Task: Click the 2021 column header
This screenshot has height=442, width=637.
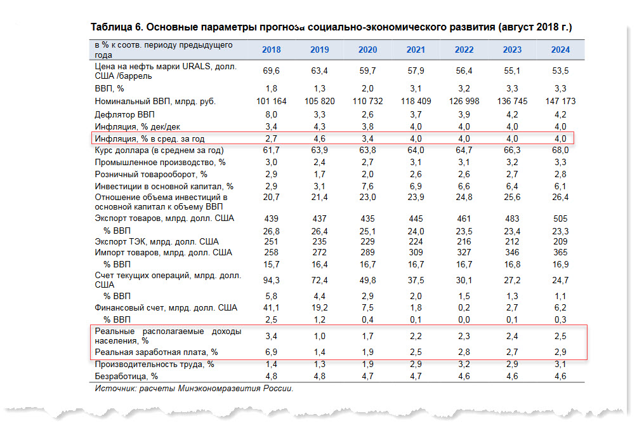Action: click(x=416, y=50)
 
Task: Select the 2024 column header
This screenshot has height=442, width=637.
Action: click(x=560, y=50)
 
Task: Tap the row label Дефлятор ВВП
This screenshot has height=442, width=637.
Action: click(x=125, y=115)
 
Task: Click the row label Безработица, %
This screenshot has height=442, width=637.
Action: click(x=126, y=376)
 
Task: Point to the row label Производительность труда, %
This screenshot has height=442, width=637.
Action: click(x=154, y=365)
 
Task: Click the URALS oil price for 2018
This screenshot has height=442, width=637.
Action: click(x=271, y=70)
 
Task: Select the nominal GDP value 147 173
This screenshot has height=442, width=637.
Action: click(x=560, y=101)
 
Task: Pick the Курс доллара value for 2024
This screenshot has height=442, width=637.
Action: click(x=560, y=151)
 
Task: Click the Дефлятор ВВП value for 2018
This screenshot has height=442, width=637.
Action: click(x=271, y=115)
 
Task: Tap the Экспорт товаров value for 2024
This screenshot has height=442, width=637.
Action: click(x=560, y=218)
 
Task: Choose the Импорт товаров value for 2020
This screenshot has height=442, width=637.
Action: click(x=367, y=253)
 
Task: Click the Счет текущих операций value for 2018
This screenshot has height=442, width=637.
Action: click(x=271, y=280)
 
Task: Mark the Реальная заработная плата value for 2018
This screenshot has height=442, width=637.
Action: click(x=271, y=352)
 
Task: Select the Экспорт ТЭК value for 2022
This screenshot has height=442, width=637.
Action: click(x=464, y=241)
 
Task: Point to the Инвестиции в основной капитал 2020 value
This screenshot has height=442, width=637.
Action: click(x=367, y=186)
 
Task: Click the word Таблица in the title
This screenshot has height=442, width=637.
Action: click(x=111, y=27)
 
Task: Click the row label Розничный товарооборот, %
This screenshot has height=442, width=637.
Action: click(x=151, y=175)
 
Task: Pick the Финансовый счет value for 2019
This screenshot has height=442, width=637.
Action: click(x=319, y=308)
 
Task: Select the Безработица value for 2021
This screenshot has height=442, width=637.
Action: click(x=416, y=376)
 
